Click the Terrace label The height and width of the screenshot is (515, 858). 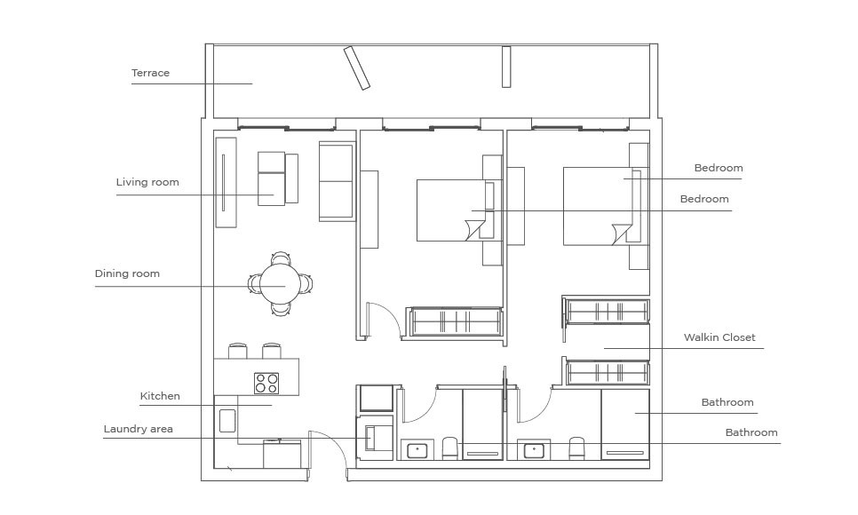coord(150,73)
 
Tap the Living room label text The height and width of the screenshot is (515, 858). coord(147,182)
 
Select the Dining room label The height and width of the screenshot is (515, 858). coord(127,273)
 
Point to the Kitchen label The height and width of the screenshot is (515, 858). coord(160,396)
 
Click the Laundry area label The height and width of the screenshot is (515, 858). coord(138,429)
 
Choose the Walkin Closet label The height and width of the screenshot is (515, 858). coord(719,337)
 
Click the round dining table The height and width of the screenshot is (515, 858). coord(280,284)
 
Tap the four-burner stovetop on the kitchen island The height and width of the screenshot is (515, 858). coord(266,383)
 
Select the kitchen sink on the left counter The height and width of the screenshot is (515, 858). coord(227,420)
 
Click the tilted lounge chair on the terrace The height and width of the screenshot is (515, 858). coord(357,67)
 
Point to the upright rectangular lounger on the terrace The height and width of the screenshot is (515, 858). coord(506,67)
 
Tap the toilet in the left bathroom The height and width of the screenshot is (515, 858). coord(449,448)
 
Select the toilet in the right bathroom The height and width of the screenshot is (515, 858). coord(576,448)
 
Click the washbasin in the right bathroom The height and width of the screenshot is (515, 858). coord(534,451)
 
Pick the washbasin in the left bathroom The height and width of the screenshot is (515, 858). coord(417,451)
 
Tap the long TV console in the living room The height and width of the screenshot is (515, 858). coord(226,182)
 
